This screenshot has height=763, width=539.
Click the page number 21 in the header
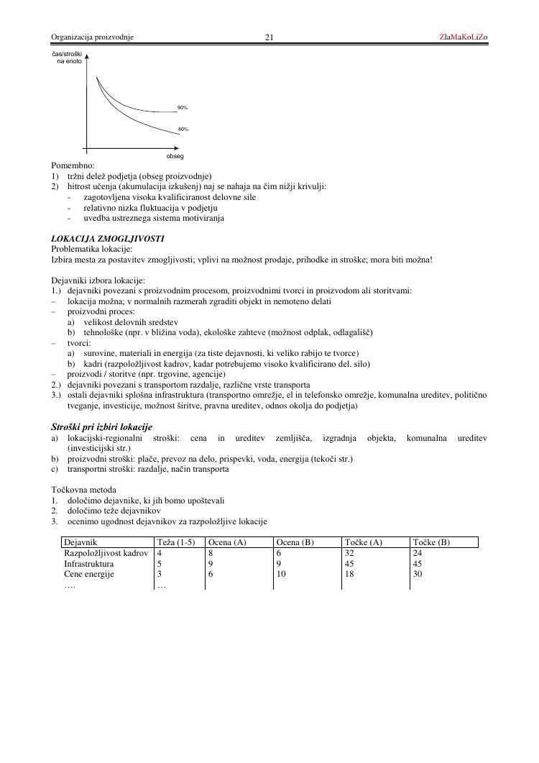point(269,37)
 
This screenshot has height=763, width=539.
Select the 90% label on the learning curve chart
point(183,107)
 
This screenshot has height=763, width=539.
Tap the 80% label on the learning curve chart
point(183,129)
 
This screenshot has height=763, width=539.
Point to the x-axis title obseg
point(175,155)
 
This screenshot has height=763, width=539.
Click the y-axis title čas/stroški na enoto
point(67,58)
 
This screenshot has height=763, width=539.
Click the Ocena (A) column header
point(227,542)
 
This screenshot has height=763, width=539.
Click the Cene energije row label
point(89,575)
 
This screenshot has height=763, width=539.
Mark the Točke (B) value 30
point(418,575)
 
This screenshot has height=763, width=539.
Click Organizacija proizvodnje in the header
point(92,37)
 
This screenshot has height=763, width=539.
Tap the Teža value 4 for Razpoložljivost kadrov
point(160,553)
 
